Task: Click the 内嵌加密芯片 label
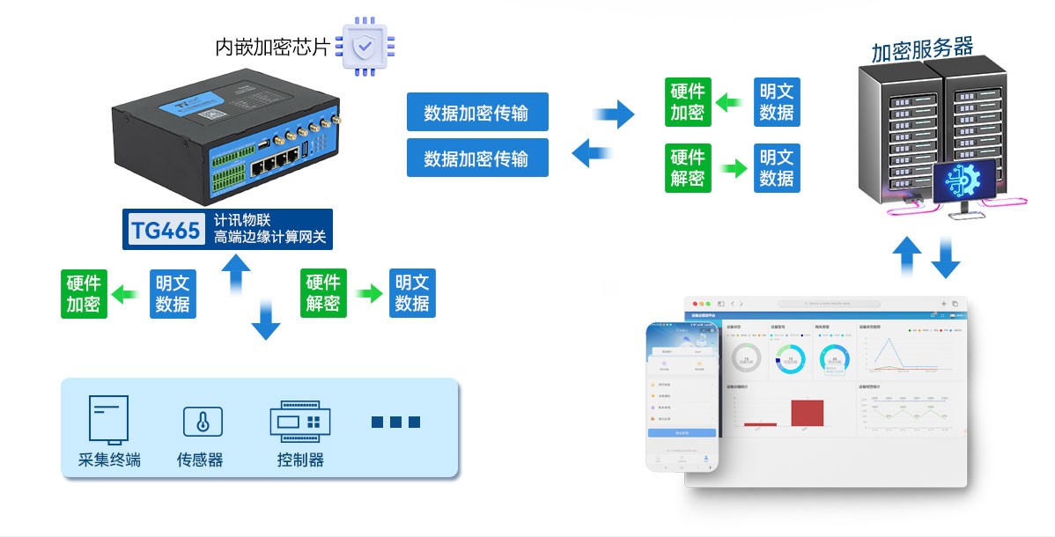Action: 272,47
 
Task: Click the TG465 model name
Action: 166,229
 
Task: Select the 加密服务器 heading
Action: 922,49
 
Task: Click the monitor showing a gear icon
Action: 965,182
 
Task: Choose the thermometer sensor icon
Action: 203,422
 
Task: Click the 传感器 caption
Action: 200,460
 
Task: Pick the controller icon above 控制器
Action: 299,421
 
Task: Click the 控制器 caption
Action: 300,460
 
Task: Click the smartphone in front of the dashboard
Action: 682,396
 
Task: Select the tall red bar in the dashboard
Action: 807,412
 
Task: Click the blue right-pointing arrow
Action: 615,114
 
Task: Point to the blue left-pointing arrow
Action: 592,152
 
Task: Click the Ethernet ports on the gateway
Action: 273,165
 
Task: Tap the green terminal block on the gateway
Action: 228,172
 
